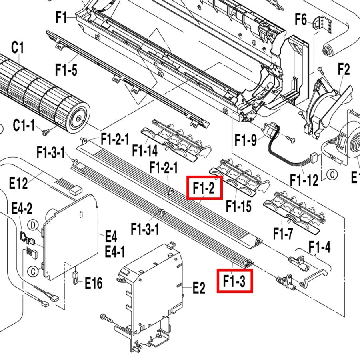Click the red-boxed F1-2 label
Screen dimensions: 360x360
(x=204, y=188)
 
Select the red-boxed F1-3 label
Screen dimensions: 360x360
(x=235, y=281)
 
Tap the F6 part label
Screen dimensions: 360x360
(x=301, y=19)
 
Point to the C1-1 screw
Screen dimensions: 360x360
(x=46, y=132)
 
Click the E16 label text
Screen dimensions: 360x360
(x=94, y=283)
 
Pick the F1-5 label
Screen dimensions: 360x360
(x=66, y=70)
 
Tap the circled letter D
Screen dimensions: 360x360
(x=33, y=225)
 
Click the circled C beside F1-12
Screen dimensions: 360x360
(x=332, y=174)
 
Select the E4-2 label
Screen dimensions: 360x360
(x=22, y=209)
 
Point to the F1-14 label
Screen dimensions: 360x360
(x=145, y=151)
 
